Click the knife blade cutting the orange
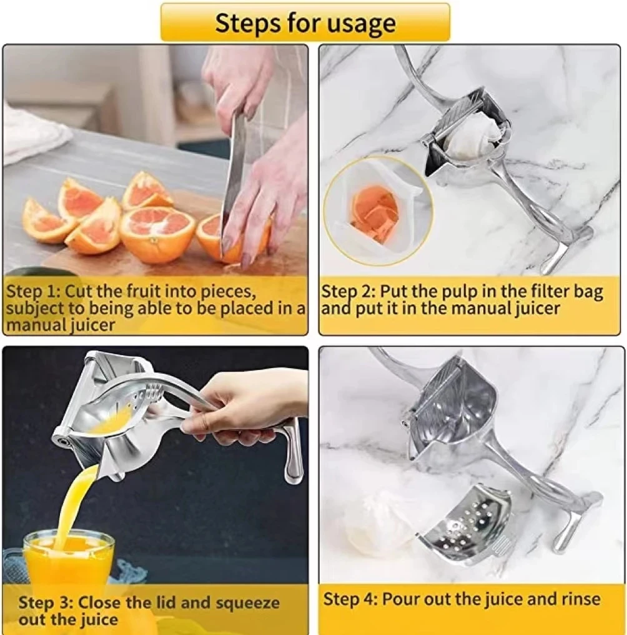point(234,178)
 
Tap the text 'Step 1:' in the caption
point(34,291)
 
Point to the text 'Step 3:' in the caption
point(46,602)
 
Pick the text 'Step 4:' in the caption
point(350,599)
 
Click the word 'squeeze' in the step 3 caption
point(247,603)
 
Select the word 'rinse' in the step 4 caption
point(580,599)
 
